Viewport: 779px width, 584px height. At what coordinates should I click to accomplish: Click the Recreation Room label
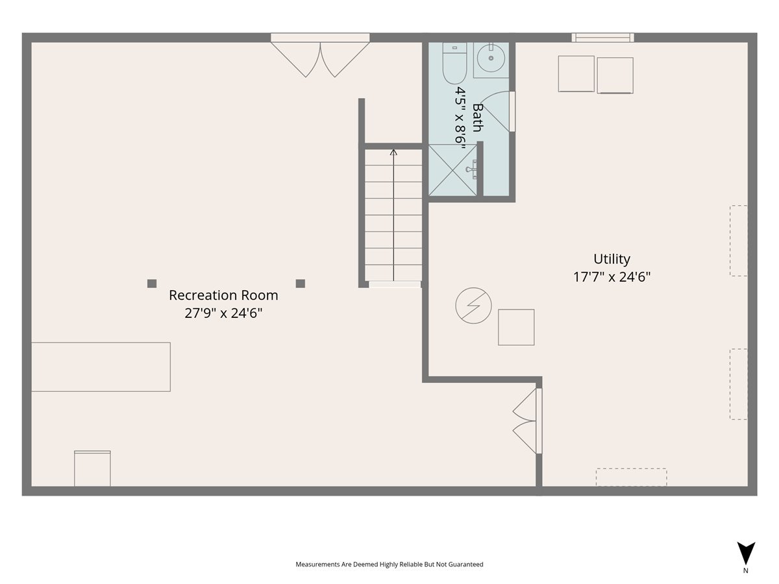(x=223, y=295)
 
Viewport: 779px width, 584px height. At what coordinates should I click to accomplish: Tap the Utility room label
(x=612, y=259)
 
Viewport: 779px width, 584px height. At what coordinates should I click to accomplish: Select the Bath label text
(x=478, y=117)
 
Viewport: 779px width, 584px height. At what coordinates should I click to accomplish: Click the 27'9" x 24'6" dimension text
(x=223, y=313)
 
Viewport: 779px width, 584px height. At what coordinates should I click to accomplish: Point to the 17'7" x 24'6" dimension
(x=612, y=276)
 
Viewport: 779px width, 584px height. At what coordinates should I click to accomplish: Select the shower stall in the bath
(x=452, y=169)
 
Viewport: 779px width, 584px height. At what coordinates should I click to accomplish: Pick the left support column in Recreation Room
(x=152, y=284)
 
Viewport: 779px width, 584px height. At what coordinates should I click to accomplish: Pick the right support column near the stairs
(x=301, y=284)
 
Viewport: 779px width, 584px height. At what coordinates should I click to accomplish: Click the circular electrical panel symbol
(x=473, y=305)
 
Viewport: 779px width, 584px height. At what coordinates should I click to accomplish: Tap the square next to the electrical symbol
(x=516, y=327)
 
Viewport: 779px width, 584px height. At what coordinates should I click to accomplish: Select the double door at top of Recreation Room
(x=320, y=57)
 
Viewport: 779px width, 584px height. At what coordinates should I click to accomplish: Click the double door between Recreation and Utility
(x=527, y=420)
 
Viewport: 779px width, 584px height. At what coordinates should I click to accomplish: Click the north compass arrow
(x=746, y=554)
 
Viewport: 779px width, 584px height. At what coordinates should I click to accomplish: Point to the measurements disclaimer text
(x=389, y=565)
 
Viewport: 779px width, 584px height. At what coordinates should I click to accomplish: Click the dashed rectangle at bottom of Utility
(x=631, y=477)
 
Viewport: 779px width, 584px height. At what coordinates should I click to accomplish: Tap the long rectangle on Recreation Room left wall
(x=101, y=367)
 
